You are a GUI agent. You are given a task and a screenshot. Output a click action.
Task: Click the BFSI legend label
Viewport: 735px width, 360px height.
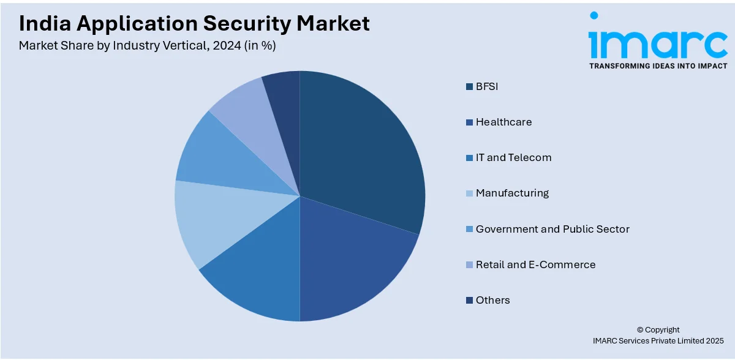(487, 86)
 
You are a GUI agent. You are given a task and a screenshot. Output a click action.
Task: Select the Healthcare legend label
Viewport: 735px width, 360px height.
(503, 122)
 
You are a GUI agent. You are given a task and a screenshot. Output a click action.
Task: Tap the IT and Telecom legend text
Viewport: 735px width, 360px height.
(513, 157)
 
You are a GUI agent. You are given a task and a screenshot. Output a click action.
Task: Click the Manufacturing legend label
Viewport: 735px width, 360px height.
(512, 193)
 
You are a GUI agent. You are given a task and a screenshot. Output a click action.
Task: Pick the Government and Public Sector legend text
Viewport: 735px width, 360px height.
(552, 229)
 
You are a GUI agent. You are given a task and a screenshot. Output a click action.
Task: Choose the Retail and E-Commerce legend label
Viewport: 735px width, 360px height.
(535, 264)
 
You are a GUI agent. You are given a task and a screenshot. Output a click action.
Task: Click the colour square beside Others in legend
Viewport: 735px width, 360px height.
(469, 300)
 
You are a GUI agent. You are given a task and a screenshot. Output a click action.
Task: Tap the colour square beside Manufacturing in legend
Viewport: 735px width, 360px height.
(469, 193)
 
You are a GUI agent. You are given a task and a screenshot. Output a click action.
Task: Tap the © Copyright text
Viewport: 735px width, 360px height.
(658, 329)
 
